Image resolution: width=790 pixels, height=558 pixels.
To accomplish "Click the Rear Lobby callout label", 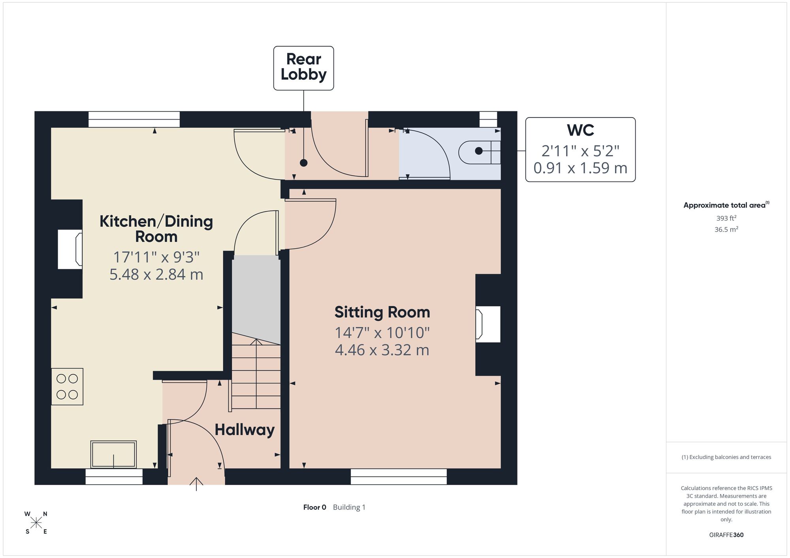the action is [x=303, y=67].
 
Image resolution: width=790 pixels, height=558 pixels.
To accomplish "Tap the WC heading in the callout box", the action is [x=580, y=130].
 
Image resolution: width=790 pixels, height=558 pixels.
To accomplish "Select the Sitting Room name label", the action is [x=382, y=312].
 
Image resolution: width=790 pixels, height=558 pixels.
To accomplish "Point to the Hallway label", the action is [x=245, y=430].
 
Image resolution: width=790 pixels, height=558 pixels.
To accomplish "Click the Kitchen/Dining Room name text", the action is [x=156, y=229].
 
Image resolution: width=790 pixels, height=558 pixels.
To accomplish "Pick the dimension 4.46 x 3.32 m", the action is [x=382, y=350].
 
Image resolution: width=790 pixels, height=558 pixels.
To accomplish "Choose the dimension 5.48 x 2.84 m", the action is [x=156, y=274].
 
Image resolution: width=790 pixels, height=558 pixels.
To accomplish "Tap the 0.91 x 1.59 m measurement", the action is [x=580, y=168].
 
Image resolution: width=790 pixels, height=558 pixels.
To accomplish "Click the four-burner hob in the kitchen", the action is [x=67, y=387].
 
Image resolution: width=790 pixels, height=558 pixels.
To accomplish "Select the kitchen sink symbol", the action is [x=114, y=455].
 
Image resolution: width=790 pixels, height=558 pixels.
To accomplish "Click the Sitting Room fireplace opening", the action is [x=488, y=324].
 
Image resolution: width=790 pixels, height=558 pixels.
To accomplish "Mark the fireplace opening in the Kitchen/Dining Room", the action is [x=70, y=249].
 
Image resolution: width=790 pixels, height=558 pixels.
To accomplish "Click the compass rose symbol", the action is [x=36, y=523].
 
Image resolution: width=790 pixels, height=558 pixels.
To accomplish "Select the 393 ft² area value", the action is [x=726, y=218].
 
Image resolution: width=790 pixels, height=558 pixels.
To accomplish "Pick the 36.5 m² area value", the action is [x=726, y=229].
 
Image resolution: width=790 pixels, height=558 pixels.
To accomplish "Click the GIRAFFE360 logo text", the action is [x=726, y=535].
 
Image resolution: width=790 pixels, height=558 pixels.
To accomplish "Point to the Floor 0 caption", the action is [x=315, y=507].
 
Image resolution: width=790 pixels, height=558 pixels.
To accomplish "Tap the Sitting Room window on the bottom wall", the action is [x=399, y=477].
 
